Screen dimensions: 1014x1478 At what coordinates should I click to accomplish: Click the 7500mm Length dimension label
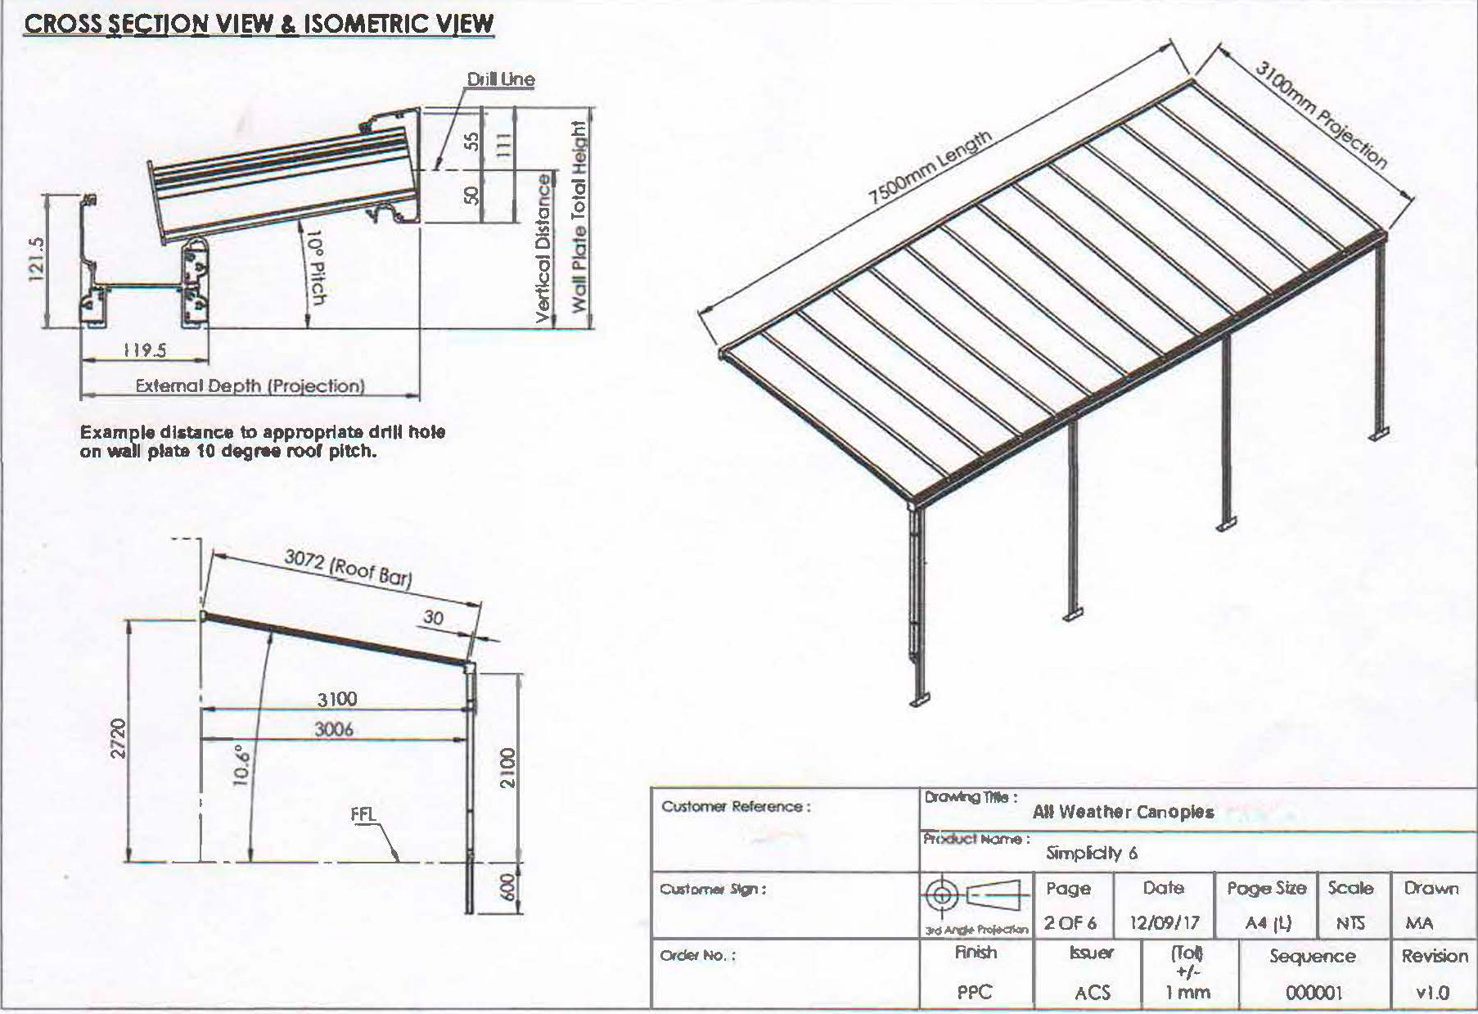click(930, 167)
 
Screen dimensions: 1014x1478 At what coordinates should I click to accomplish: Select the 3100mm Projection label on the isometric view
click(1321, 115)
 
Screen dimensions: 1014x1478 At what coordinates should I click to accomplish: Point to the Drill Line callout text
click(500, 79)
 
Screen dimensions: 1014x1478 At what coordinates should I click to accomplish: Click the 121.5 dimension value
click(37, 259)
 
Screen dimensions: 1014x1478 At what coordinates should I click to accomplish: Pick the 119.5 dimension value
click(145, 350)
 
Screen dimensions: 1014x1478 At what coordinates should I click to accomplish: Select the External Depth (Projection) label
click(250, 385)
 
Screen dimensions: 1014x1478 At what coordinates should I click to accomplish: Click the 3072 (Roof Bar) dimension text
click(348, 566)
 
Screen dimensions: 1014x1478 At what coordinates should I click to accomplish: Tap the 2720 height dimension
click(119, 738)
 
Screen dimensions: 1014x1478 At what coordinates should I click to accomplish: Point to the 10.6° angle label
click(241, 764)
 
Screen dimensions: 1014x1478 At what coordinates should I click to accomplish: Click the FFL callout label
click(363, 814)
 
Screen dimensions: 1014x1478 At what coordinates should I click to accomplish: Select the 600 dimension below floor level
click(507, 887)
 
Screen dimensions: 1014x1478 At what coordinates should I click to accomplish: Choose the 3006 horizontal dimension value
click(334, 728)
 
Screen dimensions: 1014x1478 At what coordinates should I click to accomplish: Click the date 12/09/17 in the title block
click(1164, 923)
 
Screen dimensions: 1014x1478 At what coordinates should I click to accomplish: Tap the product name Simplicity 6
click(1092, 853)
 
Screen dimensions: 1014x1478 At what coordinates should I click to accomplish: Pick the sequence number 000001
click(1314, 993)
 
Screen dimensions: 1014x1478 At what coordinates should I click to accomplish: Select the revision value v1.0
click(1432, 993)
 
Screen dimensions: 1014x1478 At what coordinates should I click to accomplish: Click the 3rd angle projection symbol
click(976, 895)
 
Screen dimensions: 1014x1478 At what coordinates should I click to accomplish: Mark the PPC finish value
click(975, 992)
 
